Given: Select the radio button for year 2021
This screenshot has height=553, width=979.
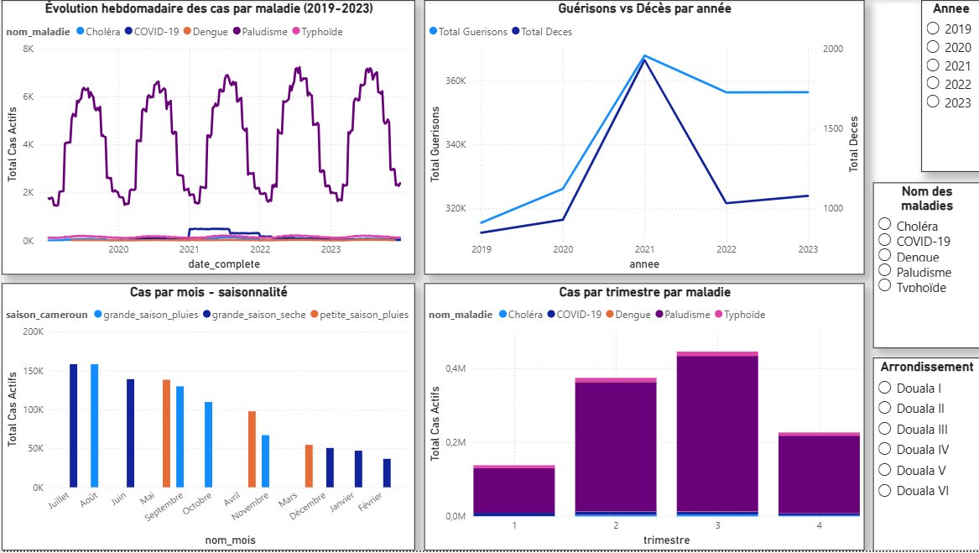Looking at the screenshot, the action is [933, 65].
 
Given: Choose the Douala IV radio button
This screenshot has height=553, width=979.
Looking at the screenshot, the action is [885, 449].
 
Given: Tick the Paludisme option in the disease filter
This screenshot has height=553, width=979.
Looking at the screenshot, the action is [885, 270].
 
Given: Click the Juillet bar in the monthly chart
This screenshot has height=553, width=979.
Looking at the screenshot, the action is [74, 425].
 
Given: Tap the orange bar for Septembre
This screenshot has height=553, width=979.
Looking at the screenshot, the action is [167, 433].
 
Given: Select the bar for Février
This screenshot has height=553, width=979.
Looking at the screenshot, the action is [387, 473].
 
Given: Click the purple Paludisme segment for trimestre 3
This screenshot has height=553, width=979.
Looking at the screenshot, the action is [717, 434].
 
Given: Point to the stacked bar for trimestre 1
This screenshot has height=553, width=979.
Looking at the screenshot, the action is [514, 491].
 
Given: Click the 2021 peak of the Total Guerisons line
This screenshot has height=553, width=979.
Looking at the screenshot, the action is [644, 55].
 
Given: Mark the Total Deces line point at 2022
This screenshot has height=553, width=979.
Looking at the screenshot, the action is [726, 203].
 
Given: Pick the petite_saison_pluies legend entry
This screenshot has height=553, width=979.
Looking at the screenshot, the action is [360, 315].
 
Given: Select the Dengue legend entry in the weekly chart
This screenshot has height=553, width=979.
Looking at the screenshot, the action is [206, 32].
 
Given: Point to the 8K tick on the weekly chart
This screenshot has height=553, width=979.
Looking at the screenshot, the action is [28, 49].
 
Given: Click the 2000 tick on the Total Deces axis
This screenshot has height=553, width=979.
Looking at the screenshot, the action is [833, 49].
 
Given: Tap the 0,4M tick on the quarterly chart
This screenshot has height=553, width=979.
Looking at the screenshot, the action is [456, 368].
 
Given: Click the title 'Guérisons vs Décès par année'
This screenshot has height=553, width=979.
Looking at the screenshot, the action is [644, 8].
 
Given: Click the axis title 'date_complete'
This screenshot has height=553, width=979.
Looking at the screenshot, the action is [224, 264].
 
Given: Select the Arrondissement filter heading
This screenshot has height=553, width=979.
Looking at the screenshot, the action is [926, 367].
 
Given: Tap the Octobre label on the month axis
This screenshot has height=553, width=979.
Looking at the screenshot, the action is [197, 503].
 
